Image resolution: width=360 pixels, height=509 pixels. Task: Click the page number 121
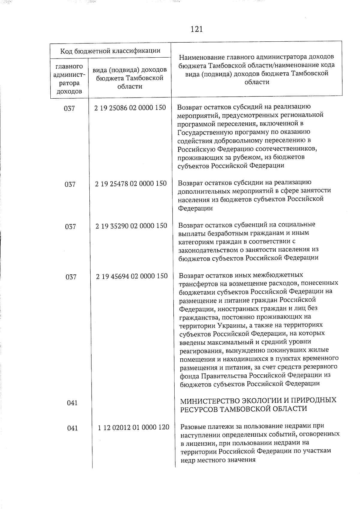196,29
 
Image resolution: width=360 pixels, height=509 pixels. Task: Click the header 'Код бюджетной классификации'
110,51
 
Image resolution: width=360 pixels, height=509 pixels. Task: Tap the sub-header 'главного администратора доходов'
69,79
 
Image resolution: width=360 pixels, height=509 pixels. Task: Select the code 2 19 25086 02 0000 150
130,108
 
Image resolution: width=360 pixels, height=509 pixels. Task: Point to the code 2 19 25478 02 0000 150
131,183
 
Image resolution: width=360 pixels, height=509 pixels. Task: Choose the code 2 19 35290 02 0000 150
131,226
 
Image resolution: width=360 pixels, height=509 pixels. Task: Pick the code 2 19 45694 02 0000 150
132,276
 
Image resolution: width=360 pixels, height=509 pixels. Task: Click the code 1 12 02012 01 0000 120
133,427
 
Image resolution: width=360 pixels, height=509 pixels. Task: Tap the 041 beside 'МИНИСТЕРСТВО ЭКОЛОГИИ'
72,403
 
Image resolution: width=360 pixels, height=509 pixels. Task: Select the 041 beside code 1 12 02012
72,428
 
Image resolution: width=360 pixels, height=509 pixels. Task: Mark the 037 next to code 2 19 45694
71,277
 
